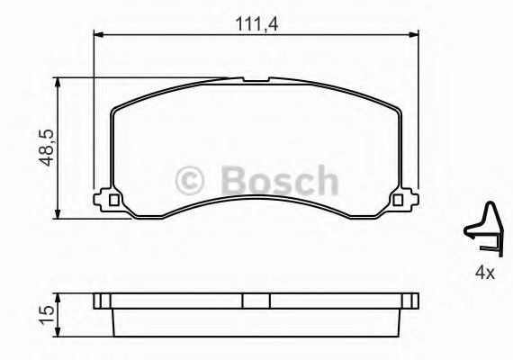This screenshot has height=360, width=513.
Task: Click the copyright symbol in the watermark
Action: (190, 180)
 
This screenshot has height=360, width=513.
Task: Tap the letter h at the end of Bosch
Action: (325, 180)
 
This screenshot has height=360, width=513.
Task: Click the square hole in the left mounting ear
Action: (112, 199)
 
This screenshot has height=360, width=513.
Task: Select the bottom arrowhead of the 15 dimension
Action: (58, 329)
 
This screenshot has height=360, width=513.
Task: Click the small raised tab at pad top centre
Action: (256, 83)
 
